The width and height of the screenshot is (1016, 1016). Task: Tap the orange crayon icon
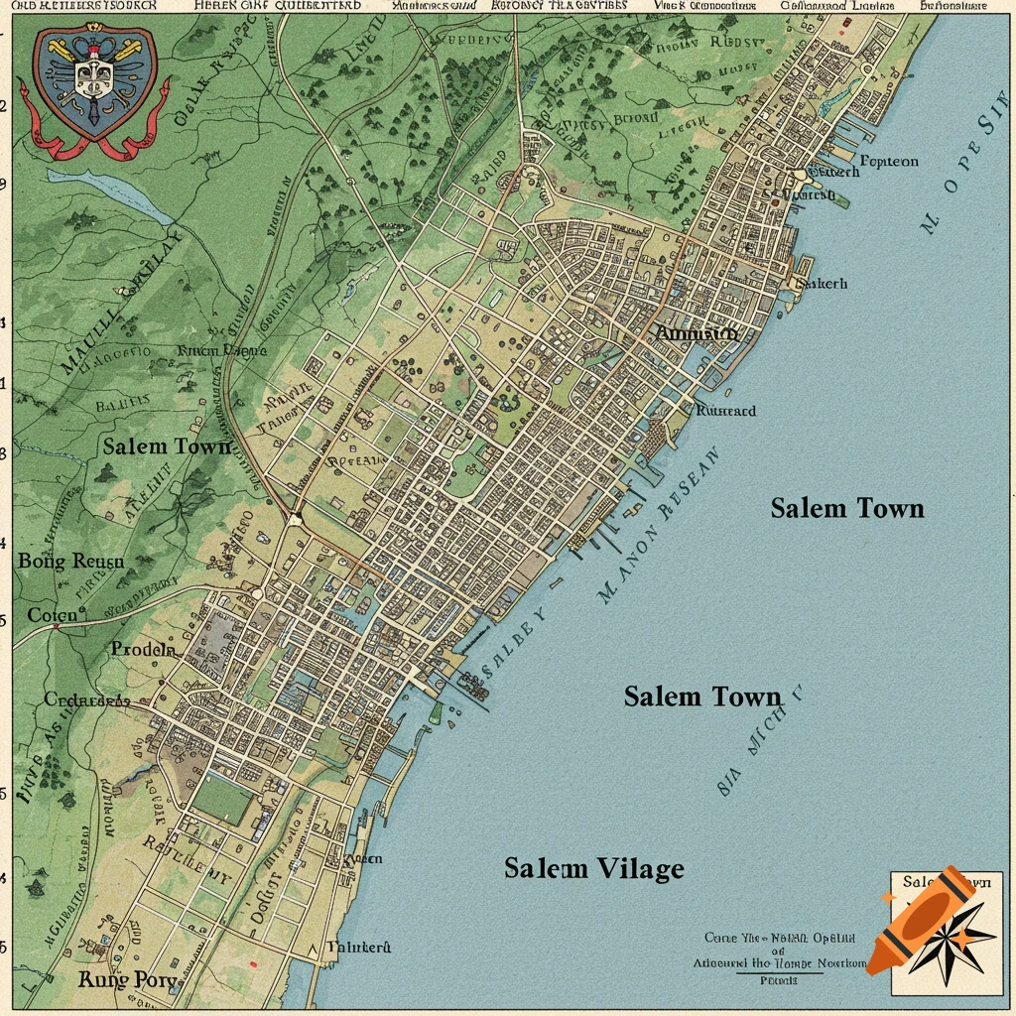click(922, 919)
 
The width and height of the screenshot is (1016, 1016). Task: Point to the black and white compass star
click(959, 937)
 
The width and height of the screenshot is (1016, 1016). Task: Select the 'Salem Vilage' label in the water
click(593, 869)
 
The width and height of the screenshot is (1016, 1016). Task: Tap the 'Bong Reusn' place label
click(71, 562)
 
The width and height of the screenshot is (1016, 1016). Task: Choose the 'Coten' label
click(52, 615)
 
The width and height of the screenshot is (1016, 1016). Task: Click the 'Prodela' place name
click(143, 650)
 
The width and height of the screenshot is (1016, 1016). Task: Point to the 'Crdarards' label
click(87, 699)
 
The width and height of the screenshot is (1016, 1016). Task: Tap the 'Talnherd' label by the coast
click(359, 948)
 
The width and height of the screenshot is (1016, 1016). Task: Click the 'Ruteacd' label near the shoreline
click(725, 411)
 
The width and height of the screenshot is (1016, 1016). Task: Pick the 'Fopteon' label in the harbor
click(889, 161)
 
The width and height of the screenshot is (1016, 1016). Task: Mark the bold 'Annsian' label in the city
click(697, 334)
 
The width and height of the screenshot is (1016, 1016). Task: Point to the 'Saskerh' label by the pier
click(823, 283)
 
